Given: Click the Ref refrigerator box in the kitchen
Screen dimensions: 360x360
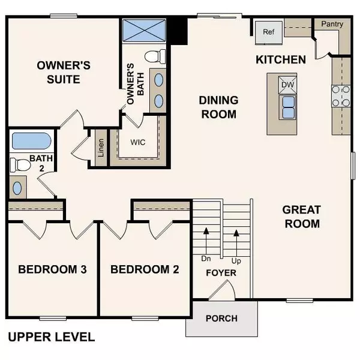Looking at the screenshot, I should [x=268, y=32].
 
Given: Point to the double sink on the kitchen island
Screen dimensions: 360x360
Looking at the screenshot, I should [x=288, y=106].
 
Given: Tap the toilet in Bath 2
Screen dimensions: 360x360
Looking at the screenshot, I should [x=22, y=164].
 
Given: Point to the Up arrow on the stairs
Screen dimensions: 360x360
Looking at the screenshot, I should [x=236, y=240].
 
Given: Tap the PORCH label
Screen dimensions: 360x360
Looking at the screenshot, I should [x=221, y=318].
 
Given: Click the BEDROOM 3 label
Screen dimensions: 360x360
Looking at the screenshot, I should [x=52, y=269].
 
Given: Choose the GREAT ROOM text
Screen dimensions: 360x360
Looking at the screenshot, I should [x=301, y=217].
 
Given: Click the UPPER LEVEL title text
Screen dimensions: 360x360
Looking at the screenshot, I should [x=51, y=337].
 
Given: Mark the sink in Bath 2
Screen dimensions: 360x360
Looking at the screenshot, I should [x=17, y=188].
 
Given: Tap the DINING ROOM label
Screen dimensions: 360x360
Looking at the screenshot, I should [x=218, y=107].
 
